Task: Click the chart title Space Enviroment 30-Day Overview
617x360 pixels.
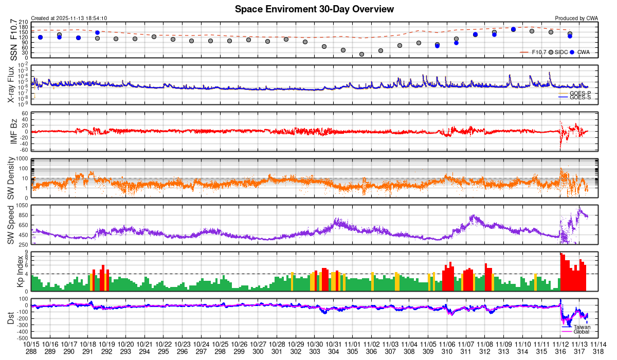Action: click(314, 9)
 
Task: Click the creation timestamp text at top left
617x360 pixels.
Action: click(69, 18)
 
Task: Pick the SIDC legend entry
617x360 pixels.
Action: click(559, 52)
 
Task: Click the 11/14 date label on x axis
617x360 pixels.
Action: click(598, 344)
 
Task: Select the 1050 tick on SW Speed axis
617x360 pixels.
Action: click(22, 205)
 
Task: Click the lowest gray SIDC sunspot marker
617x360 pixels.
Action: click(361, 54)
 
